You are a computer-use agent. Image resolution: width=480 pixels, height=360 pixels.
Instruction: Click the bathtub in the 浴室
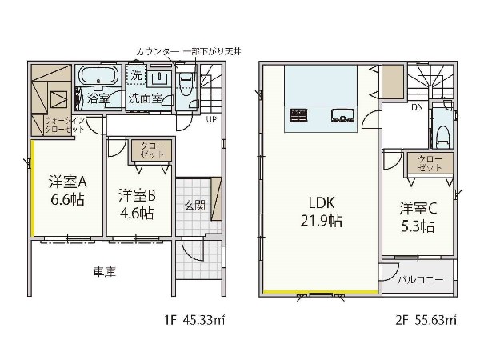click(x=98, y=75)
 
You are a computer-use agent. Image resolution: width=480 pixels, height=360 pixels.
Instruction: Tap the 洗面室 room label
click(x=145, y=98)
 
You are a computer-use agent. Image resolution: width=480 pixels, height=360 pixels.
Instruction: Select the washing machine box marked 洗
click(x=136, y=74)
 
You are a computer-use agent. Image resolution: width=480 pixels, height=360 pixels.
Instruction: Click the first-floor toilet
click(x=185, y=83)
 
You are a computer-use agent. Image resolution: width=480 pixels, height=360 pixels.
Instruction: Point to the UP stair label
click(x=211, y=120)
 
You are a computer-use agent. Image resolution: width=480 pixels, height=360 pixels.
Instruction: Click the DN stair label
click(x=418, y=107)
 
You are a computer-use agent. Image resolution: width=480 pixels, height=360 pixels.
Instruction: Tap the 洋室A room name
click(x=68, y=182)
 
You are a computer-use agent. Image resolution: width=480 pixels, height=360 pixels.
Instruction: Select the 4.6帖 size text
click(x=137, y=213)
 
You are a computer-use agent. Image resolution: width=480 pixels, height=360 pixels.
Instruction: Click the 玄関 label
click(x=194, y=206)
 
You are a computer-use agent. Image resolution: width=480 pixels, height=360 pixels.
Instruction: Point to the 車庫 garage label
click(x=105, y=271)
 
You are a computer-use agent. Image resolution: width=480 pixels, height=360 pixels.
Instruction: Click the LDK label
click(x=322, y=202)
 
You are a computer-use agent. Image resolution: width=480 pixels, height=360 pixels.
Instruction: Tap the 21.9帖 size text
click(x=322, y=221)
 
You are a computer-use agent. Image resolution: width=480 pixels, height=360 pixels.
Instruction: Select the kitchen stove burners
click(x=298, y=115)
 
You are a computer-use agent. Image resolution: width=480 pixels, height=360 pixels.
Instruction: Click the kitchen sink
click(x=342, y=116)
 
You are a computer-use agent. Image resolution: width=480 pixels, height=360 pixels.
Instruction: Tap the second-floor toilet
click(x=443, y=137)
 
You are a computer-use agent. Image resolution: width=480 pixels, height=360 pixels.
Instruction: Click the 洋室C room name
click(x=418, y=209)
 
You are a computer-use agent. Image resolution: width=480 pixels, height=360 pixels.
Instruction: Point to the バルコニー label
click(x=421, y=279)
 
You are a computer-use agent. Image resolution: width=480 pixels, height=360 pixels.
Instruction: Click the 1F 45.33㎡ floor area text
click(x=194, y=320)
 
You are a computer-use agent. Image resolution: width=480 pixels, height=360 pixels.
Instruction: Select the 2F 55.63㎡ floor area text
click(x=426, y=320)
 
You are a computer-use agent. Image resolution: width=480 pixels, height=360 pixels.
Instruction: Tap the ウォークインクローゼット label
click(x=64, y=126)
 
